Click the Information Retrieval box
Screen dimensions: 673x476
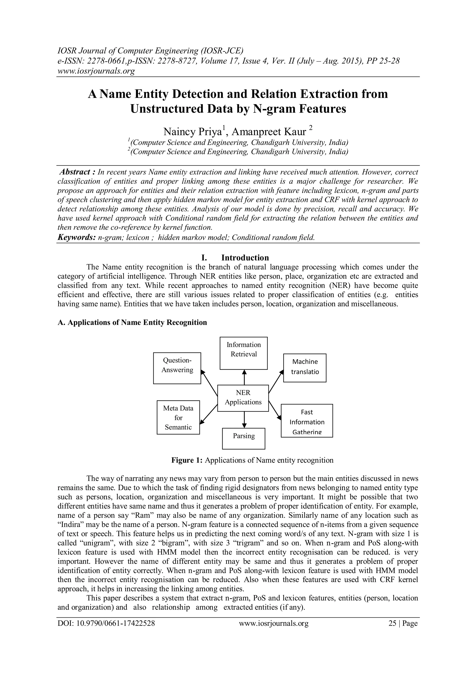[244, 353]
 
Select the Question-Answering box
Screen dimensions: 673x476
[177, 368]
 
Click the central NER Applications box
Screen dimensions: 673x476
[243, 398]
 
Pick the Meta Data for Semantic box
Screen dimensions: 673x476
[178, 417]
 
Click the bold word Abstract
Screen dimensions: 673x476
[74, 172]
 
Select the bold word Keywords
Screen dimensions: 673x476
[76, 237]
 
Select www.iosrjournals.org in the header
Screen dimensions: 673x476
[96, 71]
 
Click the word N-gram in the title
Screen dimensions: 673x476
[274, 109]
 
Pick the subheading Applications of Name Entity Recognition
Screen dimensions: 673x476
[132, 322]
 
